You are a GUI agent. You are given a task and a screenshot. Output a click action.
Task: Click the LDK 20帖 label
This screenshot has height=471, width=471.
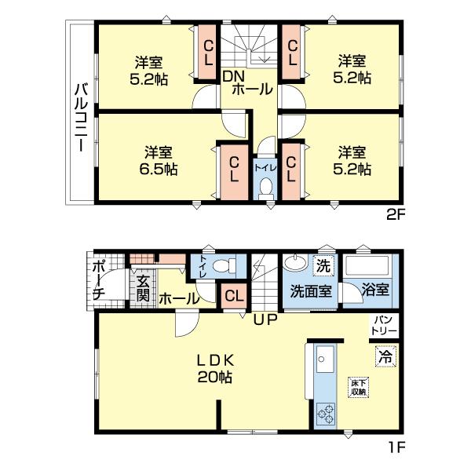tap(214, 368)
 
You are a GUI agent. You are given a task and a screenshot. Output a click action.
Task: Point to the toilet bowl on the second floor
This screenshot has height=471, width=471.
tap(265, 187)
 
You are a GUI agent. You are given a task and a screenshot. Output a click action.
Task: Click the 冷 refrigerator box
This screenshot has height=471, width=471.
tap(385, 356)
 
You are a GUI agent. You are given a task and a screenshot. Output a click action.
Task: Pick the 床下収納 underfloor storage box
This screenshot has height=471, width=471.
tap(359, 386)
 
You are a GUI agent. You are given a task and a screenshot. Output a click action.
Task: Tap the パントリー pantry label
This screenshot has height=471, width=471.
tap(384, 324)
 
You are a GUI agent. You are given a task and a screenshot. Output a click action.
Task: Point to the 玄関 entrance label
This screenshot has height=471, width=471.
tap(143, 289)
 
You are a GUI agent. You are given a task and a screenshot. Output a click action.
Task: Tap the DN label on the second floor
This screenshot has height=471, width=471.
tap(233, 76)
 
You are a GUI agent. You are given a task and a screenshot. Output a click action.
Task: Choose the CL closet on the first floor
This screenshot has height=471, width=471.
tap(233, 296)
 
